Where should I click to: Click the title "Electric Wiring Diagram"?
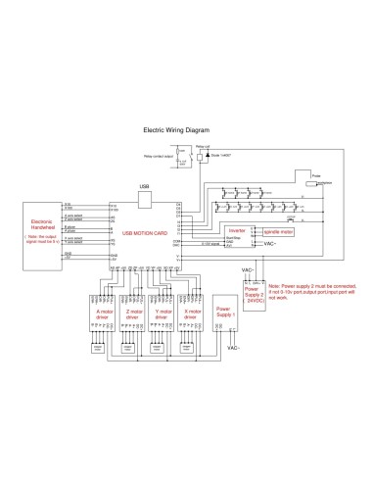tap(176, 128)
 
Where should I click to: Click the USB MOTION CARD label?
tap(143, 233)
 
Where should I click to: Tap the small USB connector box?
tap(145, 198)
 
